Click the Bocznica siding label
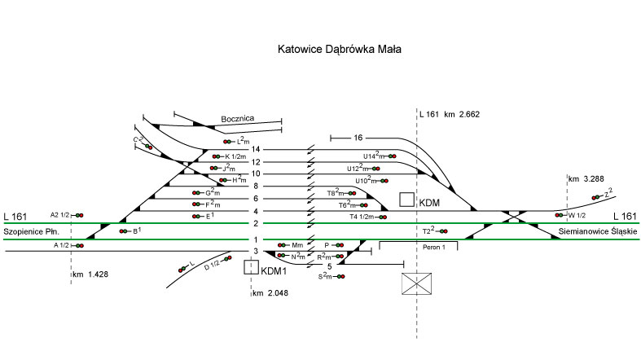point(238,119)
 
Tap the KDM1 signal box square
point(252,266)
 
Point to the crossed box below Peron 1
point(417,283)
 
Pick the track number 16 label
point(358,138)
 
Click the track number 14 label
point(256,149)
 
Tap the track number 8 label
point(256,187)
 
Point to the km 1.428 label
point(90,274)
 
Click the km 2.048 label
point(271,292)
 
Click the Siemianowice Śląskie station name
point(594,232)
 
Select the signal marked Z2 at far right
point(599,197)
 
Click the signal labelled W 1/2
point(560,215)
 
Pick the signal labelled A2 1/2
point(80,215)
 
